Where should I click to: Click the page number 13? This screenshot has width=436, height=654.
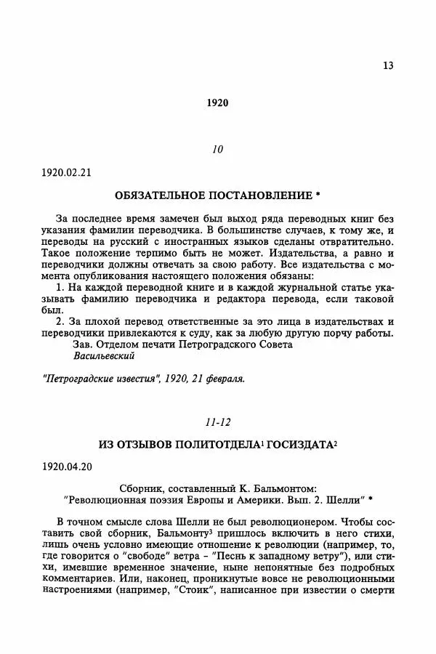(x=387, y=65)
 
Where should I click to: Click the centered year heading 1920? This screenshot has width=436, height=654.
(x=217, y=102)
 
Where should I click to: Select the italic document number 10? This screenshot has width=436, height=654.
(x=217, y=150)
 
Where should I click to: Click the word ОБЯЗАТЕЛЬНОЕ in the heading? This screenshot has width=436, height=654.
(x=161, y=195)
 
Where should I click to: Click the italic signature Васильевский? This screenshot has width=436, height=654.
(x=104, y=356)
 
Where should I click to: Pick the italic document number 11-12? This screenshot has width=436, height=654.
(x=217, y=421)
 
